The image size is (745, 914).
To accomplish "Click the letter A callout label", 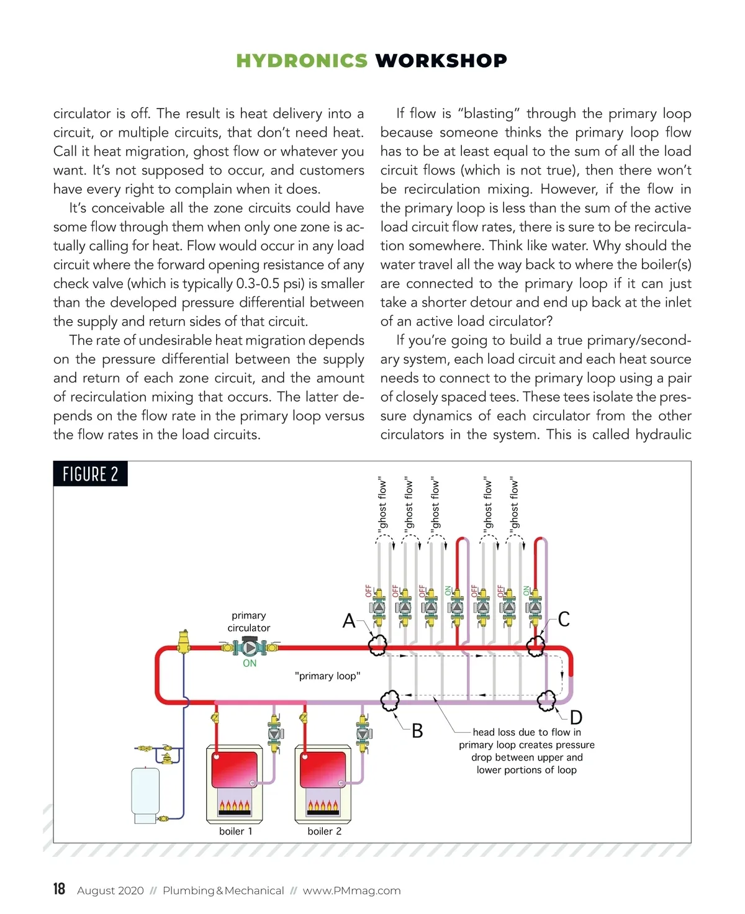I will point(349,620).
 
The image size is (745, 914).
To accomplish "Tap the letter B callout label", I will point(417,731).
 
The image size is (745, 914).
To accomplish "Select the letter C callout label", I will point(564,619).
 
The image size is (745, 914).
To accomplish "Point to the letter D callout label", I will point(576,718).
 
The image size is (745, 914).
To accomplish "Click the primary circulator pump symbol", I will point(249,648).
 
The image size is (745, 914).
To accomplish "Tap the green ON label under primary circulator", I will point(250,664).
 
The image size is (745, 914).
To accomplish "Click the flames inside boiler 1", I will point(234,807).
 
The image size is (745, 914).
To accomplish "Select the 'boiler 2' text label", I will point(324,831).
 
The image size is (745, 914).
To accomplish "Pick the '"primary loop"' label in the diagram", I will point(327,676).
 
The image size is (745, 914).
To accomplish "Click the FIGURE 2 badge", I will point(91,474).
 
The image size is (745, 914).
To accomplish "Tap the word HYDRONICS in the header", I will point(302,61).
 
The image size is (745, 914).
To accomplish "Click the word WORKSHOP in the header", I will point(441,61).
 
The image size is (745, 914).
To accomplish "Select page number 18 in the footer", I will point(59,889).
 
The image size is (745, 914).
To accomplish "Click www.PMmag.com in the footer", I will point(351,890).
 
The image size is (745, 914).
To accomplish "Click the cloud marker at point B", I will point(389,700).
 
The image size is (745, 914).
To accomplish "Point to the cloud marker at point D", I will point(546,700).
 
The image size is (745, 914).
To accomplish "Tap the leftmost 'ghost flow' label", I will point(382,504).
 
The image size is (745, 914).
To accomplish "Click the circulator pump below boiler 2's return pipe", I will point(364,733).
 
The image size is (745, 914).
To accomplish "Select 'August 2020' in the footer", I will point(110,890).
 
